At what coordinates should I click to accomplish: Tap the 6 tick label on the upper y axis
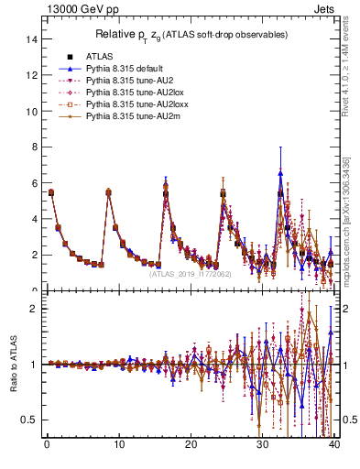[34, 183]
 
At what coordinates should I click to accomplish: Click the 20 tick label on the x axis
[191, 446]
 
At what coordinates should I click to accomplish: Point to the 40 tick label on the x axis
[334, 446]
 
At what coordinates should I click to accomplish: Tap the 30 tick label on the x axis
[263, 446]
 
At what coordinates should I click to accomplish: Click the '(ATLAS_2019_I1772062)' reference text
[189, 273]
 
